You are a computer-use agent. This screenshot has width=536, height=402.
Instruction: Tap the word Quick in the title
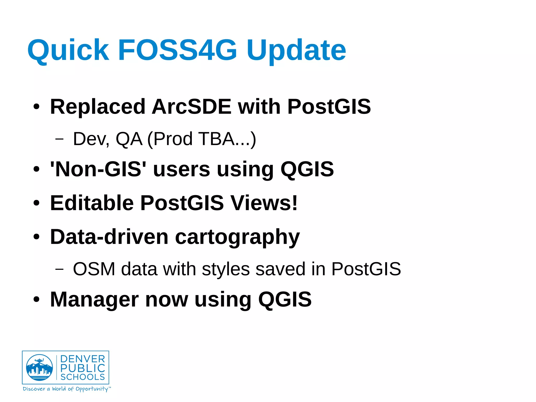[x=68, y=50]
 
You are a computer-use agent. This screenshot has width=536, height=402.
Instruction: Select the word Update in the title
[x=296, y=50]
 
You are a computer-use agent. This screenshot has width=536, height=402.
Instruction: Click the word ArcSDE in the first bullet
[x=192, y=107]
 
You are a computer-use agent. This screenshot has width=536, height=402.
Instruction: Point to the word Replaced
[x=98, y=107]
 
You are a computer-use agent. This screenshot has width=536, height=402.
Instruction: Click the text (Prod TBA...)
[x=202, y=139]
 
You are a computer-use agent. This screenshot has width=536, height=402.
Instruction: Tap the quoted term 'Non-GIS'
[x=98, y=169]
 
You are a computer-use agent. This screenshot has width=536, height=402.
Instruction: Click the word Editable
[x=92, y=203]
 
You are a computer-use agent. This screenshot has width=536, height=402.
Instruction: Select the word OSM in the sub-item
[x=94, y=269]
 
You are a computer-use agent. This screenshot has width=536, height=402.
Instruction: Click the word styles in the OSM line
[x=226, y=269]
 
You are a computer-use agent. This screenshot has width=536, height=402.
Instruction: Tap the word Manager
[x=94, y=300]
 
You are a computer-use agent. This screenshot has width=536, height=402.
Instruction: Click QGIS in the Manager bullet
[x=285, y=300]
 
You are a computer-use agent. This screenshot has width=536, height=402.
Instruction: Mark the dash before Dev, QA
[x=59, y=139]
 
